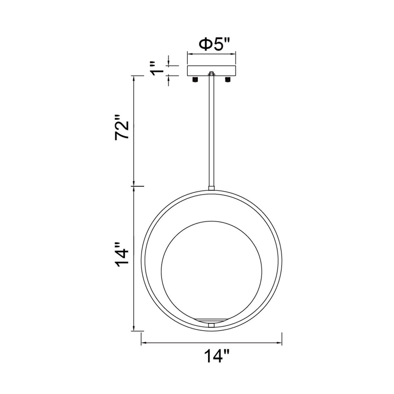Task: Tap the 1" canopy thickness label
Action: pyautogui.click(x=157, y=68)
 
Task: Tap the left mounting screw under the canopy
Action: pyautogui.click(x=195, y=79)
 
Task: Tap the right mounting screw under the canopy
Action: pyautogui.click(x=228, y=79)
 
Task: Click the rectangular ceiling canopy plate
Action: pyautogui.click(x=212, y=71)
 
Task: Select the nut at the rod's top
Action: pyautogui.click(x=211, y=74)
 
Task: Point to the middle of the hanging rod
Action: pyautogui.click(x=211, y=131)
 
